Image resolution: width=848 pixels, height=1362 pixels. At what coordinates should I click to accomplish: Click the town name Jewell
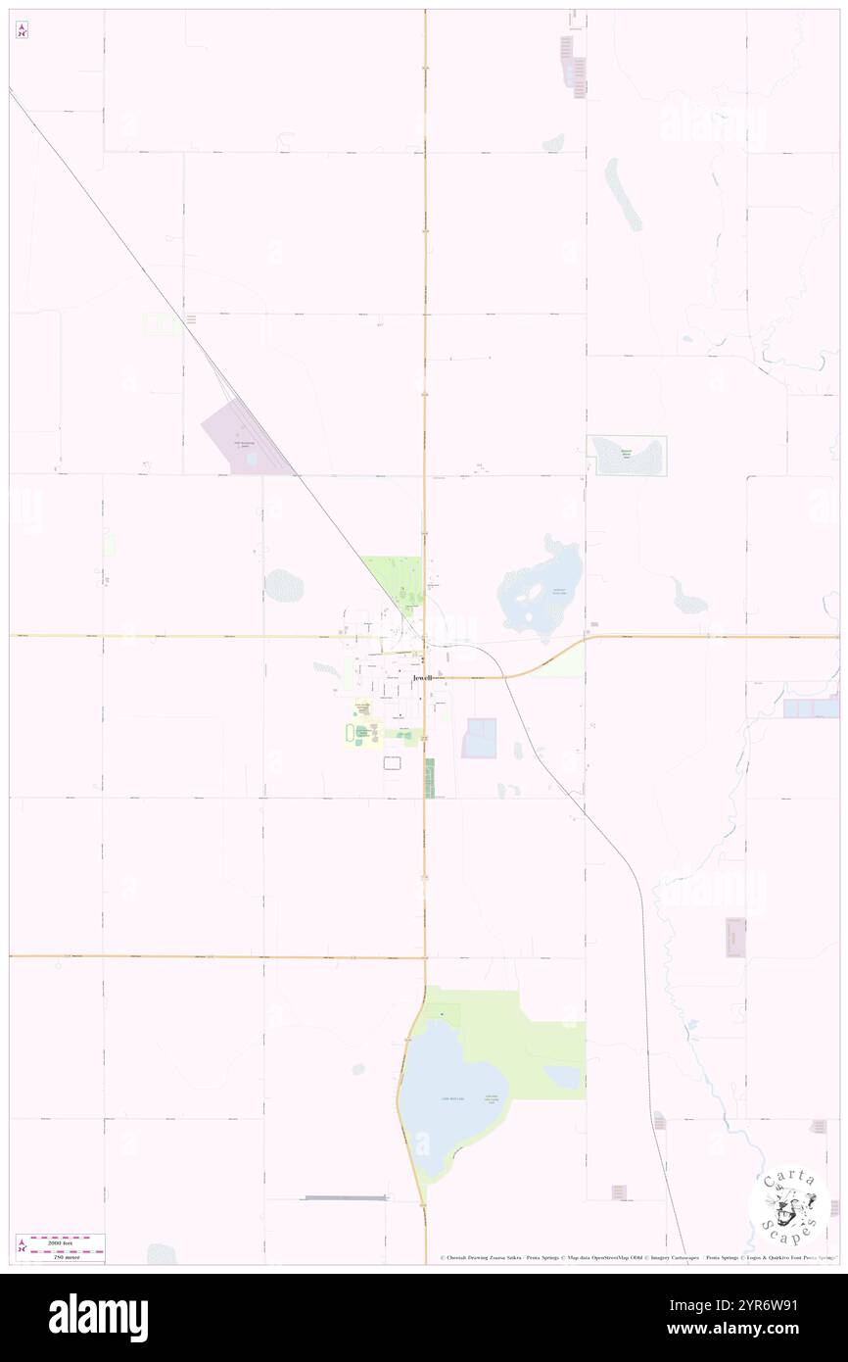pyautogui.click(x=422, y=678)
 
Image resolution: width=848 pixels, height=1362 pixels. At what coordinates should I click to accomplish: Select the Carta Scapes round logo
pyautogui.click(x=788, y=1207)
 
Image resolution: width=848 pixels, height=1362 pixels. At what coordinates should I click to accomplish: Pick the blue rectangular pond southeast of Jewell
pyautogui.click(x=480, y=738)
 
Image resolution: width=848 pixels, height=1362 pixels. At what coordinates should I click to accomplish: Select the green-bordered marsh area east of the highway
pyautogui.click(x=627, y=456)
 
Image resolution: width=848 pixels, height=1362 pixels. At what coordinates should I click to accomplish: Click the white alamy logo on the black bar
pyautogui.click(x=99, y=1317)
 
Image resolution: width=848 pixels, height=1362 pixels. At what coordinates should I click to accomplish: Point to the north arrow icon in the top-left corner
pyautogui.click(x=22, y=30)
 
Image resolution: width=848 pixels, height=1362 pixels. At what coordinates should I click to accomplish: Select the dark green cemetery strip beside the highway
pyautogui.click(x=429, y=777)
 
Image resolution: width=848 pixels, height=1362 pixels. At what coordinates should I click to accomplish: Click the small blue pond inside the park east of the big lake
pyautogui.click(x=563, y=1077)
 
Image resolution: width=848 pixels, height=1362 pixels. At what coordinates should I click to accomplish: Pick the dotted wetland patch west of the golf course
pyautogui.click(x=284, y=586)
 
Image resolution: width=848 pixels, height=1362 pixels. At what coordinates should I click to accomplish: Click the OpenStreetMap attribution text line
pyautogui.click(x=637, y=1258)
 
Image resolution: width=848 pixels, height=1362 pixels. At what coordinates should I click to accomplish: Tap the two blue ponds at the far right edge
pyautogui.click(x=811, y=707)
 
